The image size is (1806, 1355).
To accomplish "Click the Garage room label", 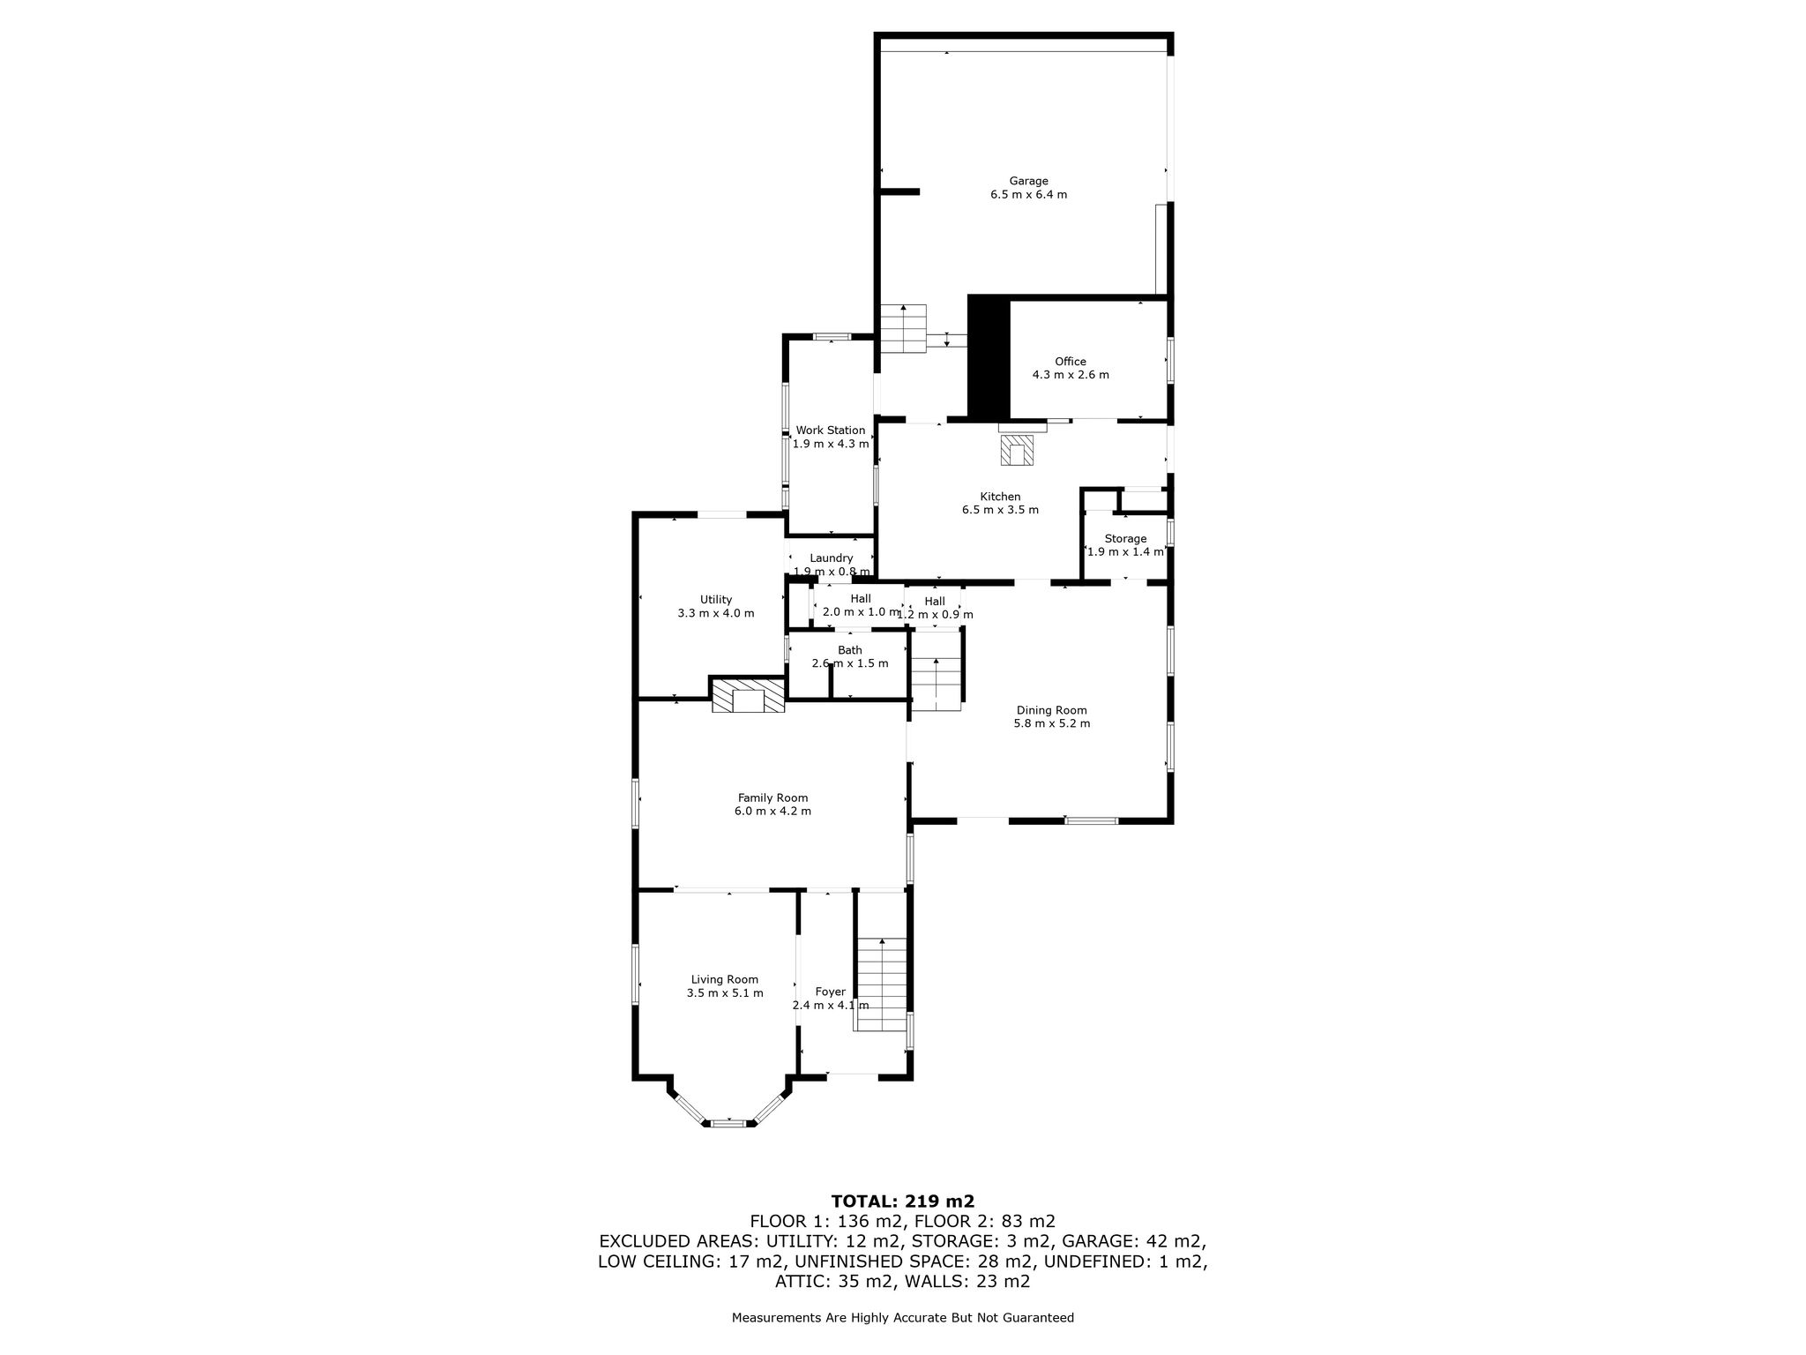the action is [1028, 182].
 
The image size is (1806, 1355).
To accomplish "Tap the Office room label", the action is [1071, 362].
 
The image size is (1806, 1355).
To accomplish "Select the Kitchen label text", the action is [1000, 497].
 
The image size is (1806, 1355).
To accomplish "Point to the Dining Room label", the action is [1051, 710].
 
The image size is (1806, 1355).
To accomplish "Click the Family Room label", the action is [772, 797].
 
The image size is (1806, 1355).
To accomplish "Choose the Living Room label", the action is [724, 979].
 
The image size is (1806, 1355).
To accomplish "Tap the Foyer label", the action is [830, 992].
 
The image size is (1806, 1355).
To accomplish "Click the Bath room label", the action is [849, 650].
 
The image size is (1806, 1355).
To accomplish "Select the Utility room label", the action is [715, 600].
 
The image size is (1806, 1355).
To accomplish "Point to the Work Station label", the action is [830, 430].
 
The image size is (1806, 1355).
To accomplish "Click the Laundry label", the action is [831, 558].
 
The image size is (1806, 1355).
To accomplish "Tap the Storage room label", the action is [1125, 539].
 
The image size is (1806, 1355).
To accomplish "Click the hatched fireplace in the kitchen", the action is [1018, 449].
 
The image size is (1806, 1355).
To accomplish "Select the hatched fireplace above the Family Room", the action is [748, 694].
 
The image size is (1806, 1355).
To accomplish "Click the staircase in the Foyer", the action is [882, 984].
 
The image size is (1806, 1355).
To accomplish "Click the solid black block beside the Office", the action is [989, 356].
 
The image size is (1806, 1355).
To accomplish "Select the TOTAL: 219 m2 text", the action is [902, 1201].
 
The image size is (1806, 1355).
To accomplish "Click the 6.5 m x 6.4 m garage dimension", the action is [1028, 195].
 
